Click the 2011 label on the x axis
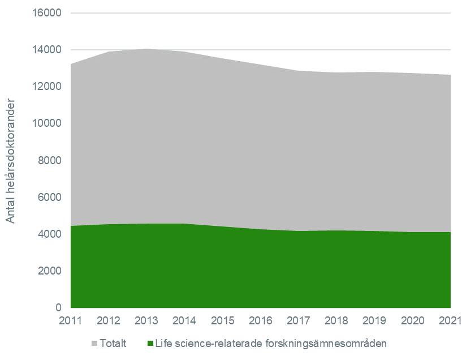tap(71, 322)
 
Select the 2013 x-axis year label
tap(146, 322)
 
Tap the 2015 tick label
tap(223, 322)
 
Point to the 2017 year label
tap(299, 322)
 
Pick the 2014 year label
tap(184, 322)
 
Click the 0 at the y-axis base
tap(58, 308)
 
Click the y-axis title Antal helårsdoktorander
tap(12, 162)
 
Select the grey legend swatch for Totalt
tap(94, 344)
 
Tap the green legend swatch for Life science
tap(150, 344)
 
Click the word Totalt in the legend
tap(113, 344)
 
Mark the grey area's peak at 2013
tap(146, 49)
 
